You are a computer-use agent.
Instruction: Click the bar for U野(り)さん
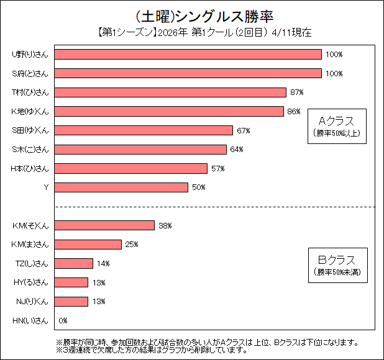click(x=188, y=55)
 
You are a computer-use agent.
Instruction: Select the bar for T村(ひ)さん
click(x=170, y=92)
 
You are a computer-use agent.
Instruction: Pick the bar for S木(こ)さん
click(x=140, y=150)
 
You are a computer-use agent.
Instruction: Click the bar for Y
click(x=121, y=187)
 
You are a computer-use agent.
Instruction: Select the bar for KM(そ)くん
click(x=104, y=225)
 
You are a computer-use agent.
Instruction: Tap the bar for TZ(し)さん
click(x=74, y=263)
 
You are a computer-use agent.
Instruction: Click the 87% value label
click(x=296, y=92)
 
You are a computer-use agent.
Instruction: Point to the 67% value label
click(x=243, y=130)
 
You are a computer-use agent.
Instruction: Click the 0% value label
click(x=63, y=321)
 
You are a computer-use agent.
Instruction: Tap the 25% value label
click(x=131, y=245)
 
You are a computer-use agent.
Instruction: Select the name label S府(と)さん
click(x=30, y=74)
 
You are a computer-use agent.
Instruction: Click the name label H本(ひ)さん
click(x=30, y=168)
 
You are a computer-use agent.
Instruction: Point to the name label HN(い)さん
click(x=30, y=321)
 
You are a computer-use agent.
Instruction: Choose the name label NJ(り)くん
click(x=30, y=302)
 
